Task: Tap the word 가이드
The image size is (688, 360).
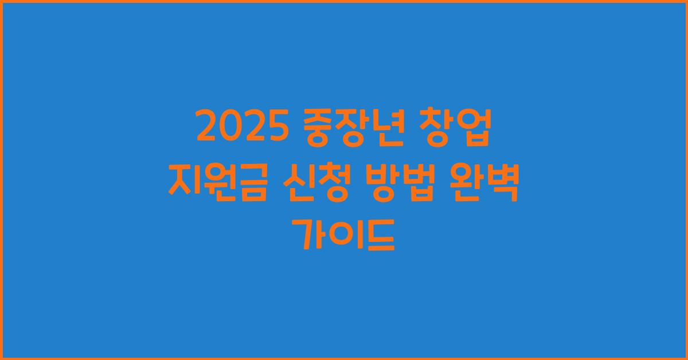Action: tap(344, 236)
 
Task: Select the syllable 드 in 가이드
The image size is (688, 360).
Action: tap(378, 236)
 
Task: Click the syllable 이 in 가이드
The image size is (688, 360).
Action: tap(344, 236)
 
